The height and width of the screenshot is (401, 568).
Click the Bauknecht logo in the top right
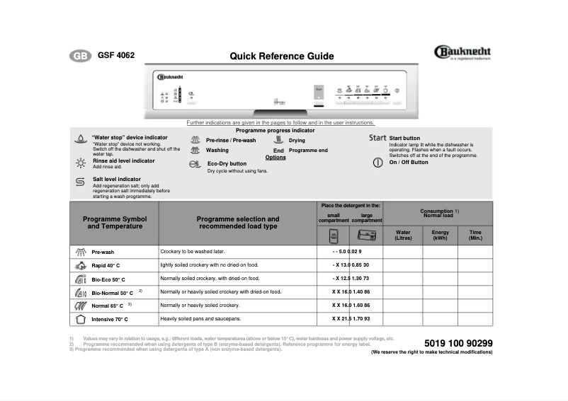pos(462,52)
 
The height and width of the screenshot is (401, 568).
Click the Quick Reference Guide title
pos(282,57)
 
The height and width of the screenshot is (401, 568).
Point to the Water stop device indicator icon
pos(80,140)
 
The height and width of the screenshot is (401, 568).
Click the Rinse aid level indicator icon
pos(80,162)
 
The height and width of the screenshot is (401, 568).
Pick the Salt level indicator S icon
pos(80,182)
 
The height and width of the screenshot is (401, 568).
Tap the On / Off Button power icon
pos(378,163)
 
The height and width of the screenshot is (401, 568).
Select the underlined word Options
pos(276,157)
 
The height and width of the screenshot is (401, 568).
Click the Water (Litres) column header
pos(402,235)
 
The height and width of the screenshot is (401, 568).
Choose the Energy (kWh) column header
pos(440,235)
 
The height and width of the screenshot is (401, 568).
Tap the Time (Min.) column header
pos(475,235)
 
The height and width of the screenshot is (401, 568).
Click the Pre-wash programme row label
pos(103,252)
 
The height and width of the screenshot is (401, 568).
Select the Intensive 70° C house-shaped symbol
pos(80,319)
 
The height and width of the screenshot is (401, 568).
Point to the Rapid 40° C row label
pos(106,266)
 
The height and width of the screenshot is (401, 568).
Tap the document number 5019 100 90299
pos(458,343)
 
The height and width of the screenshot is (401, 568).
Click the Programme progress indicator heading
pos(275,131)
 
